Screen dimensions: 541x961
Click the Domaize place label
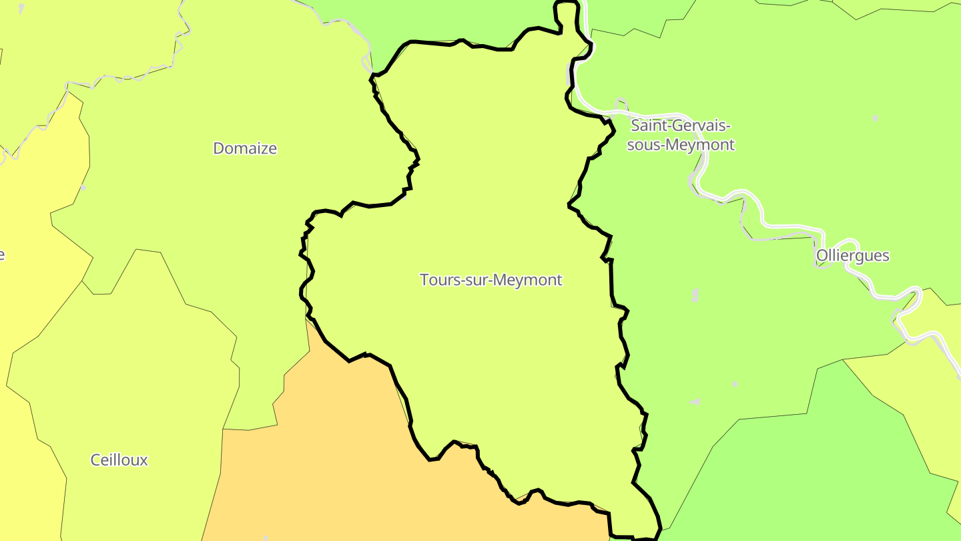point(245,148)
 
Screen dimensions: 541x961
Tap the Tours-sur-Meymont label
point(491,280)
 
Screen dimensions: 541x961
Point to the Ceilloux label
point(119,460)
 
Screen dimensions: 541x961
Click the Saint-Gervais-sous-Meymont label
point(681,135)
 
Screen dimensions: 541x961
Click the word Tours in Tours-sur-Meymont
point(437,280)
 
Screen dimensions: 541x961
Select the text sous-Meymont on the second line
point(681,145)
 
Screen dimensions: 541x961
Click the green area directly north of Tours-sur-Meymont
point(454,20)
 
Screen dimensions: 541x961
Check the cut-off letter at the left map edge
point(2,254)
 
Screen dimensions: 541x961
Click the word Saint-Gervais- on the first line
point(681,126)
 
